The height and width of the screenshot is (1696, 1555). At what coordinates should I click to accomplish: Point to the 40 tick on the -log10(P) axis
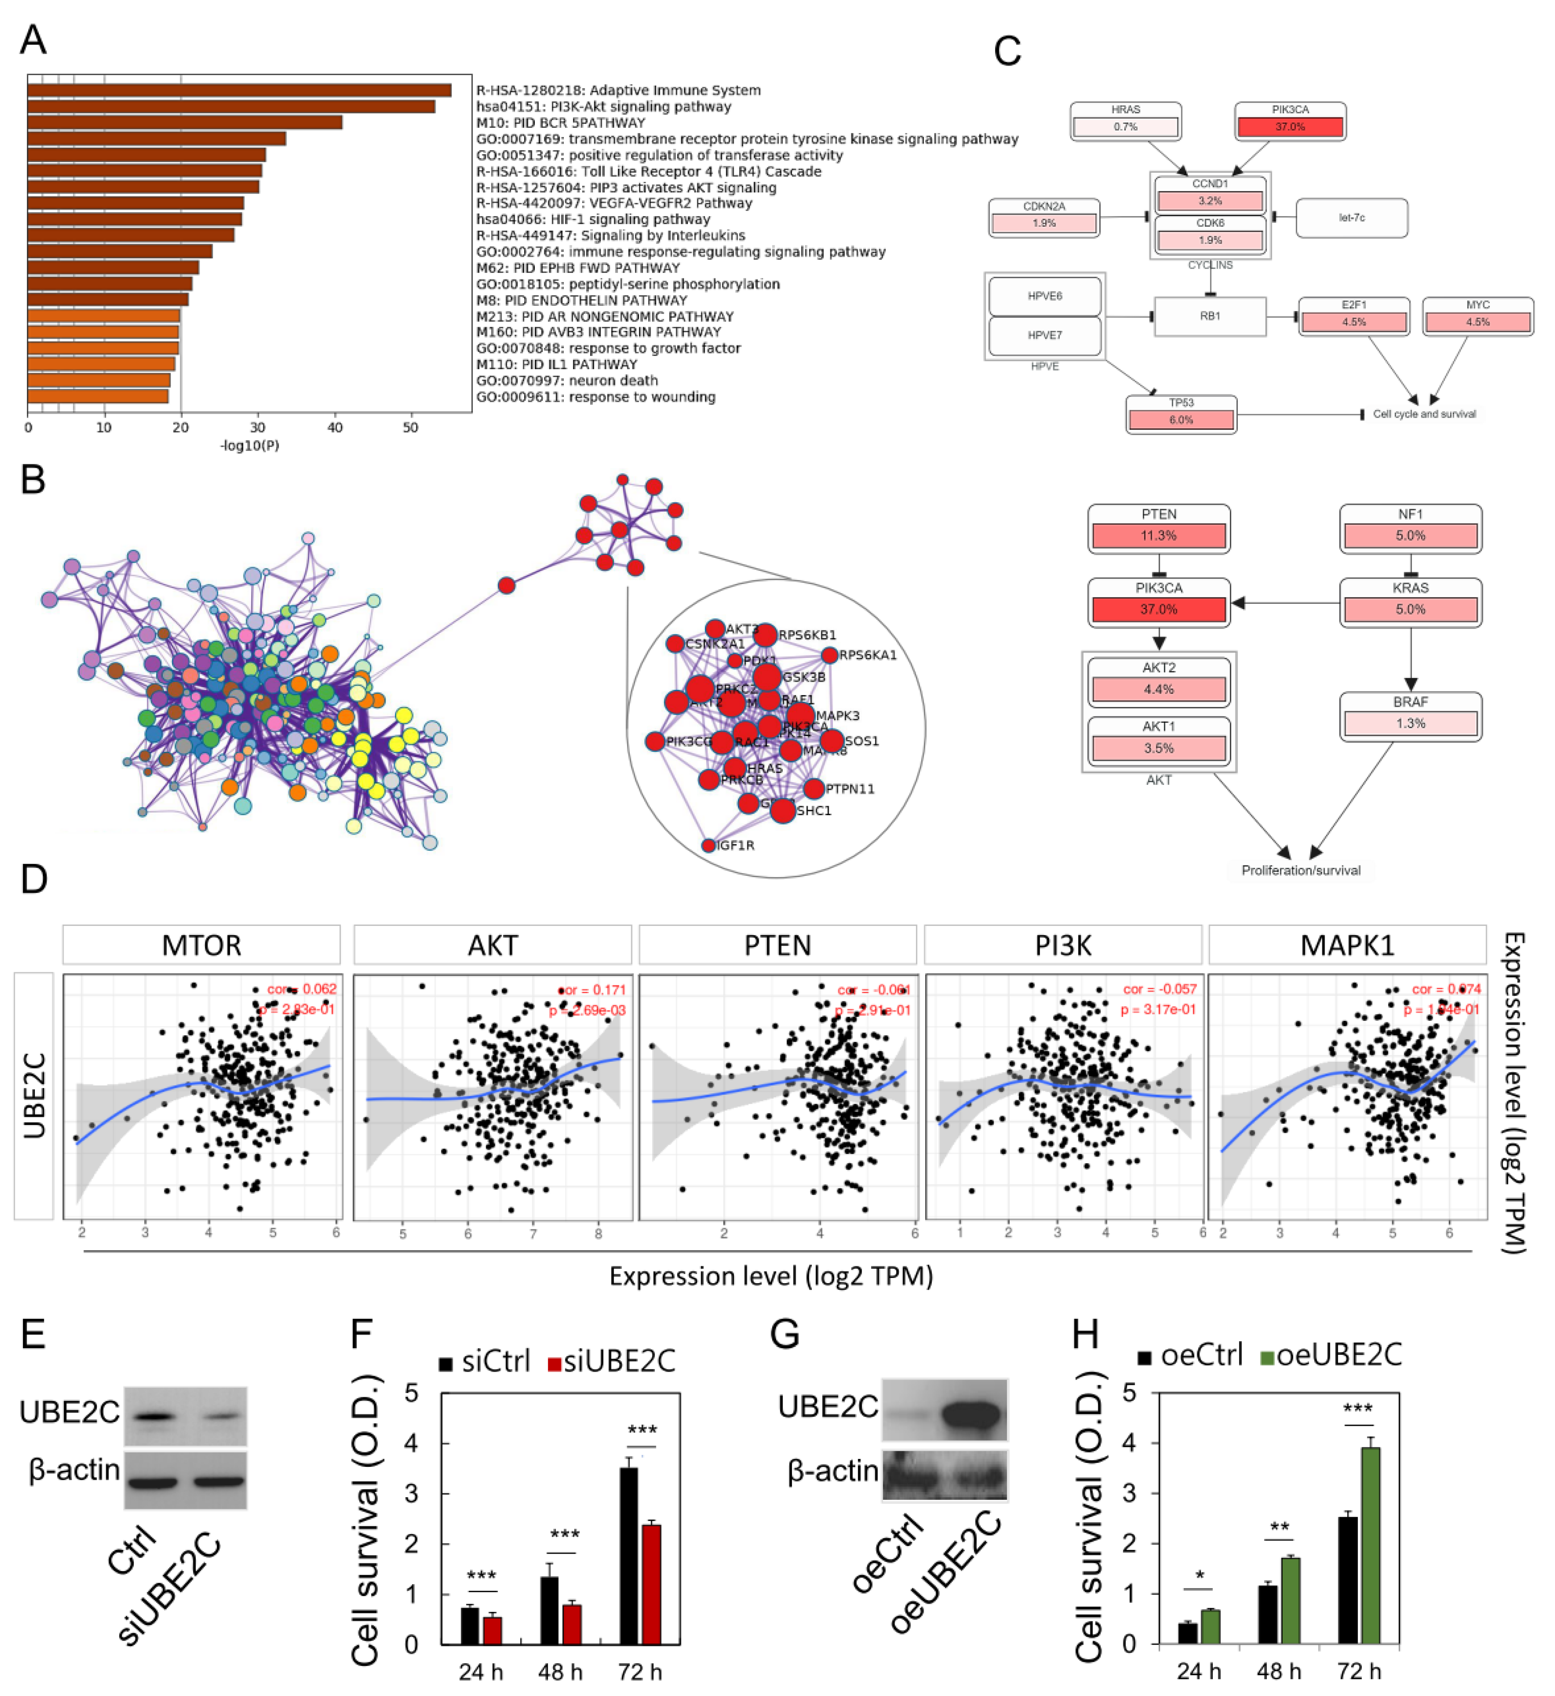pos(335,427)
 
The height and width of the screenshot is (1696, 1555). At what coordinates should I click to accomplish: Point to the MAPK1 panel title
pos(1347,945)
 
